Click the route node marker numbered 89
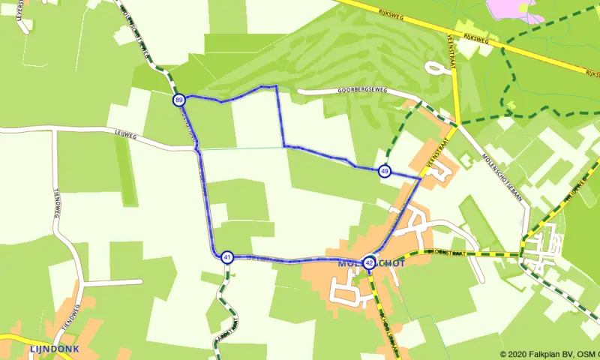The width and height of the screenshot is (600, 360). [x=178, y=100]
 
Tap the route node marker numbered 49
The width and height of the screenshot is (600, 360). [x=385, y=172]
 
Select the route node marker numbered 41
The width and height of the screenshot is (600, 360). [x=227, y=257]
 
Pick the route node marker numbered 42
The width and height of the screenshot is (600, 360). [x=369, y=262]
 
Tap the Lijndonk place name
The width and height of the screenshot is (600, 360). [x=49, y=349]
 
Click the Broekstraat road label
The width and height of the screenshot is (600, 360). [x=448, y=253]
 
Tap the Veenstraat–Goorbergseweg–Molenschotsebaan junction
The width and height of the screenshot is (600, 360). [x=457, y=121]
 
